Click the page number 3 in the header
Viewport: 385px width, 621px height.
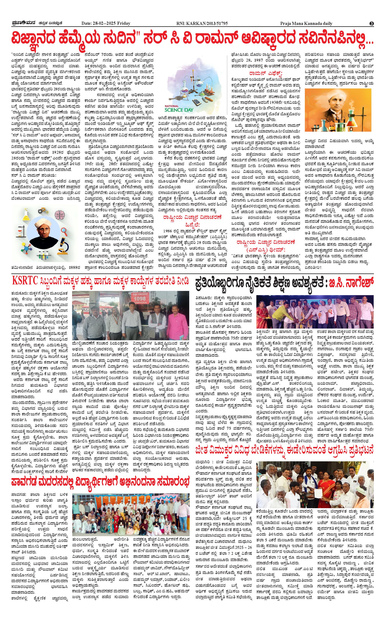372,23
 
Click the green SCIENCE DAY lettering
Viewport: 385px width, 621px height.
179,110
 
